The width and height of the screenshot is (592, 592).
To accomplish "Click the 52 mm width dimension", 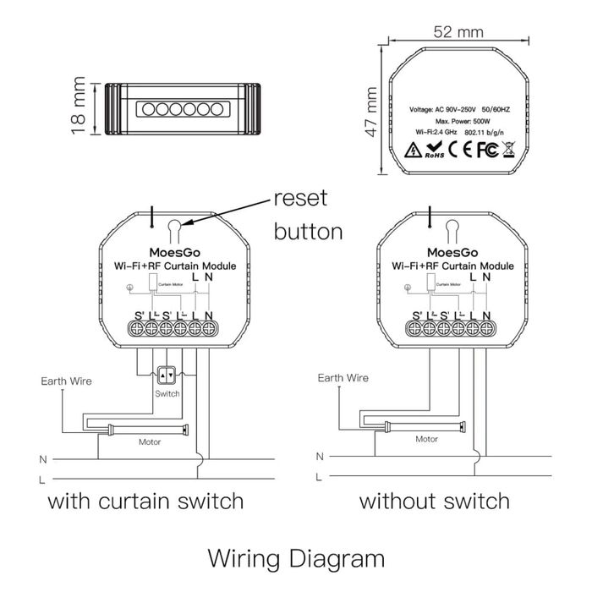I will [x=458, y=32].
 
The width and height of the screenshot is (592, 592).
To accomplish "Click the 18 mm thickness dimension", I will [x=79, y=107].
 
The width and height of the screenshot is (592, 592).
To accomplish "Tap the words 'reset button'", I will [x=308, y=215].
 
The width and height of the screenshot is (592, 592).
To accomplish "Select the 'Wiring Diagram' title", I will [x=295, y=559].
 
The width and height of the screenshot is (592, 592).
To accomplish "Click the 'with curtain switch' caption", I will [x=145, y=501].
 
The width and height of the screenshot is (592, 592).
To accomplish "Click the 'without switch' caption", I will [x=434, y=501].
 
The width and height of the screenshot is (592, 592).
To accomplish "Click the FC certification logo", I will [x=484, y=151].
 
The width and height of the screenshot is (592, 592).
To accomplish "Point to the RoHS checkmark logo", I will [x=434, y=151].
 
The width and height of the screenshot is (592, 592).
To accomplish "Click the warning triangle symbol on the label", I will [x=413, y=151].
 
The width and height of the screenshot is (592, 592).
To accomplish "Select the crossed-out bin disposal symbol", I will [x=508, y=151].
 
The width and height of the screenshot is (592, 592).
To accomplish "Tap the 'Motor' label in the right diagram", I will [x=426, y=440].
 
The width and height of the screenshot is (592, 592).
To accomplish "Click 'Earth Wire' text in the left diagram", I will [x=67, y=381].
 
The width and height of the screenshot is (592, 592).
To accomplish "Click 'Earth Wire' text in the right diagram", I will [x=343, y=378].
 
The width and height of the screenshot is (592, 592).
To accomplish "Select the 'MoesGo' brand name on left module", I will [x=174, y=252].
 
